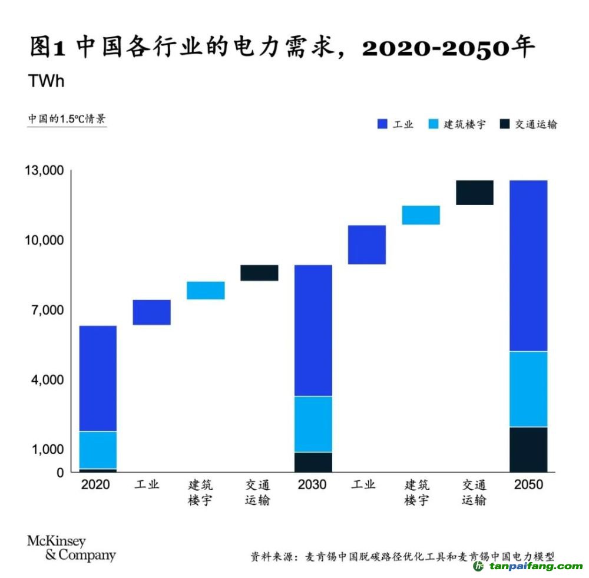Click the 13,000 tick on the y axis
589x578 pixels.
44,171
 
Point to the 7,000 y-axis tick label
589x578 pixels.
46,310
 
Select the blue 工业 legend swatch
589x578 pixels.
382,124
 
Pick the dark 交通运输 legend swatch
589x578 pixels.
504,124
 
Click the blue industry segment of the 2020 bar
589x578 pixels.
98,378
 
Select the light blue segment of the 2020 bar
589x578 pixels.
98,450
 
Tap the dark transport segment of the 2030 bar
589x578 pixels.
313,462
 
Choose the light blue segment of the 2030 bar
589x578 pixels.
313,424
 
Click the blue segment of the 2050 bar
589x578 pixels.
528,265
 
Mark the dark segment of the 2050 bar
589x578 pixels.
528,449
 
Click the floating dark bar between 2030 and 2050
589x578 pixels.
474,193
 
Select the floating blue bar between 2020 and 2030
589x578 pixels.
151,312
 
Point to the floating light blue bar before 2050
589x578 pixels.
421,215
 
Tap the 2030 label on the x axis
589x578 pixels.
313,485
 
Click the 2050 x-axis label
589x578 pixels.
528,485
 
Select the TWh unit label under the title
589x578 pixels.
47,81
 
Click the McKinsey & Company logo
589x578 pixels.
71,549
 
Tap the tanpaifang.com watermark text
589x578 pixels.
534,566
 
